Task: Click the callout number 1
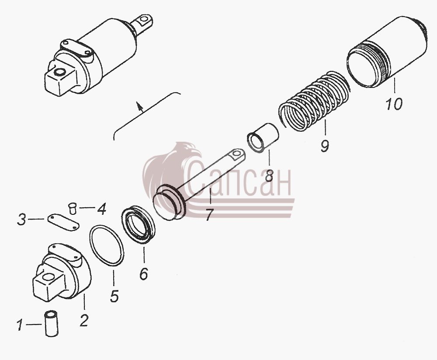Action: (x=19, y=325)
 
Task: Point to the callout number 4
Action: (x=101, y=209)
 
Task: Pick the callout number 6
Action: (x=143, y=274)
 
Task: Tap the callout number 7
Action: (x=209, y=214)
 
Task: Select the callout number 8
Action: (x=269, y=175)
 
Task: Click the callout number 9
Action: (x=325, y=146)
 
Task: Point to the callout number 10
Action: (x=394, y=104)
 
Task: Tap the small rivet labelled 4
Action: (x=73, y=209)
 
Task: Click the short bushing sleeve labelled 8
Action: (x=263, y=138)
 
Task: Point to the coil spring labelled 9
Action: (x=314, y=101)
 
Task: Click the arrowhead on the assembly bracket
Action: (x=138, y=105)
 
